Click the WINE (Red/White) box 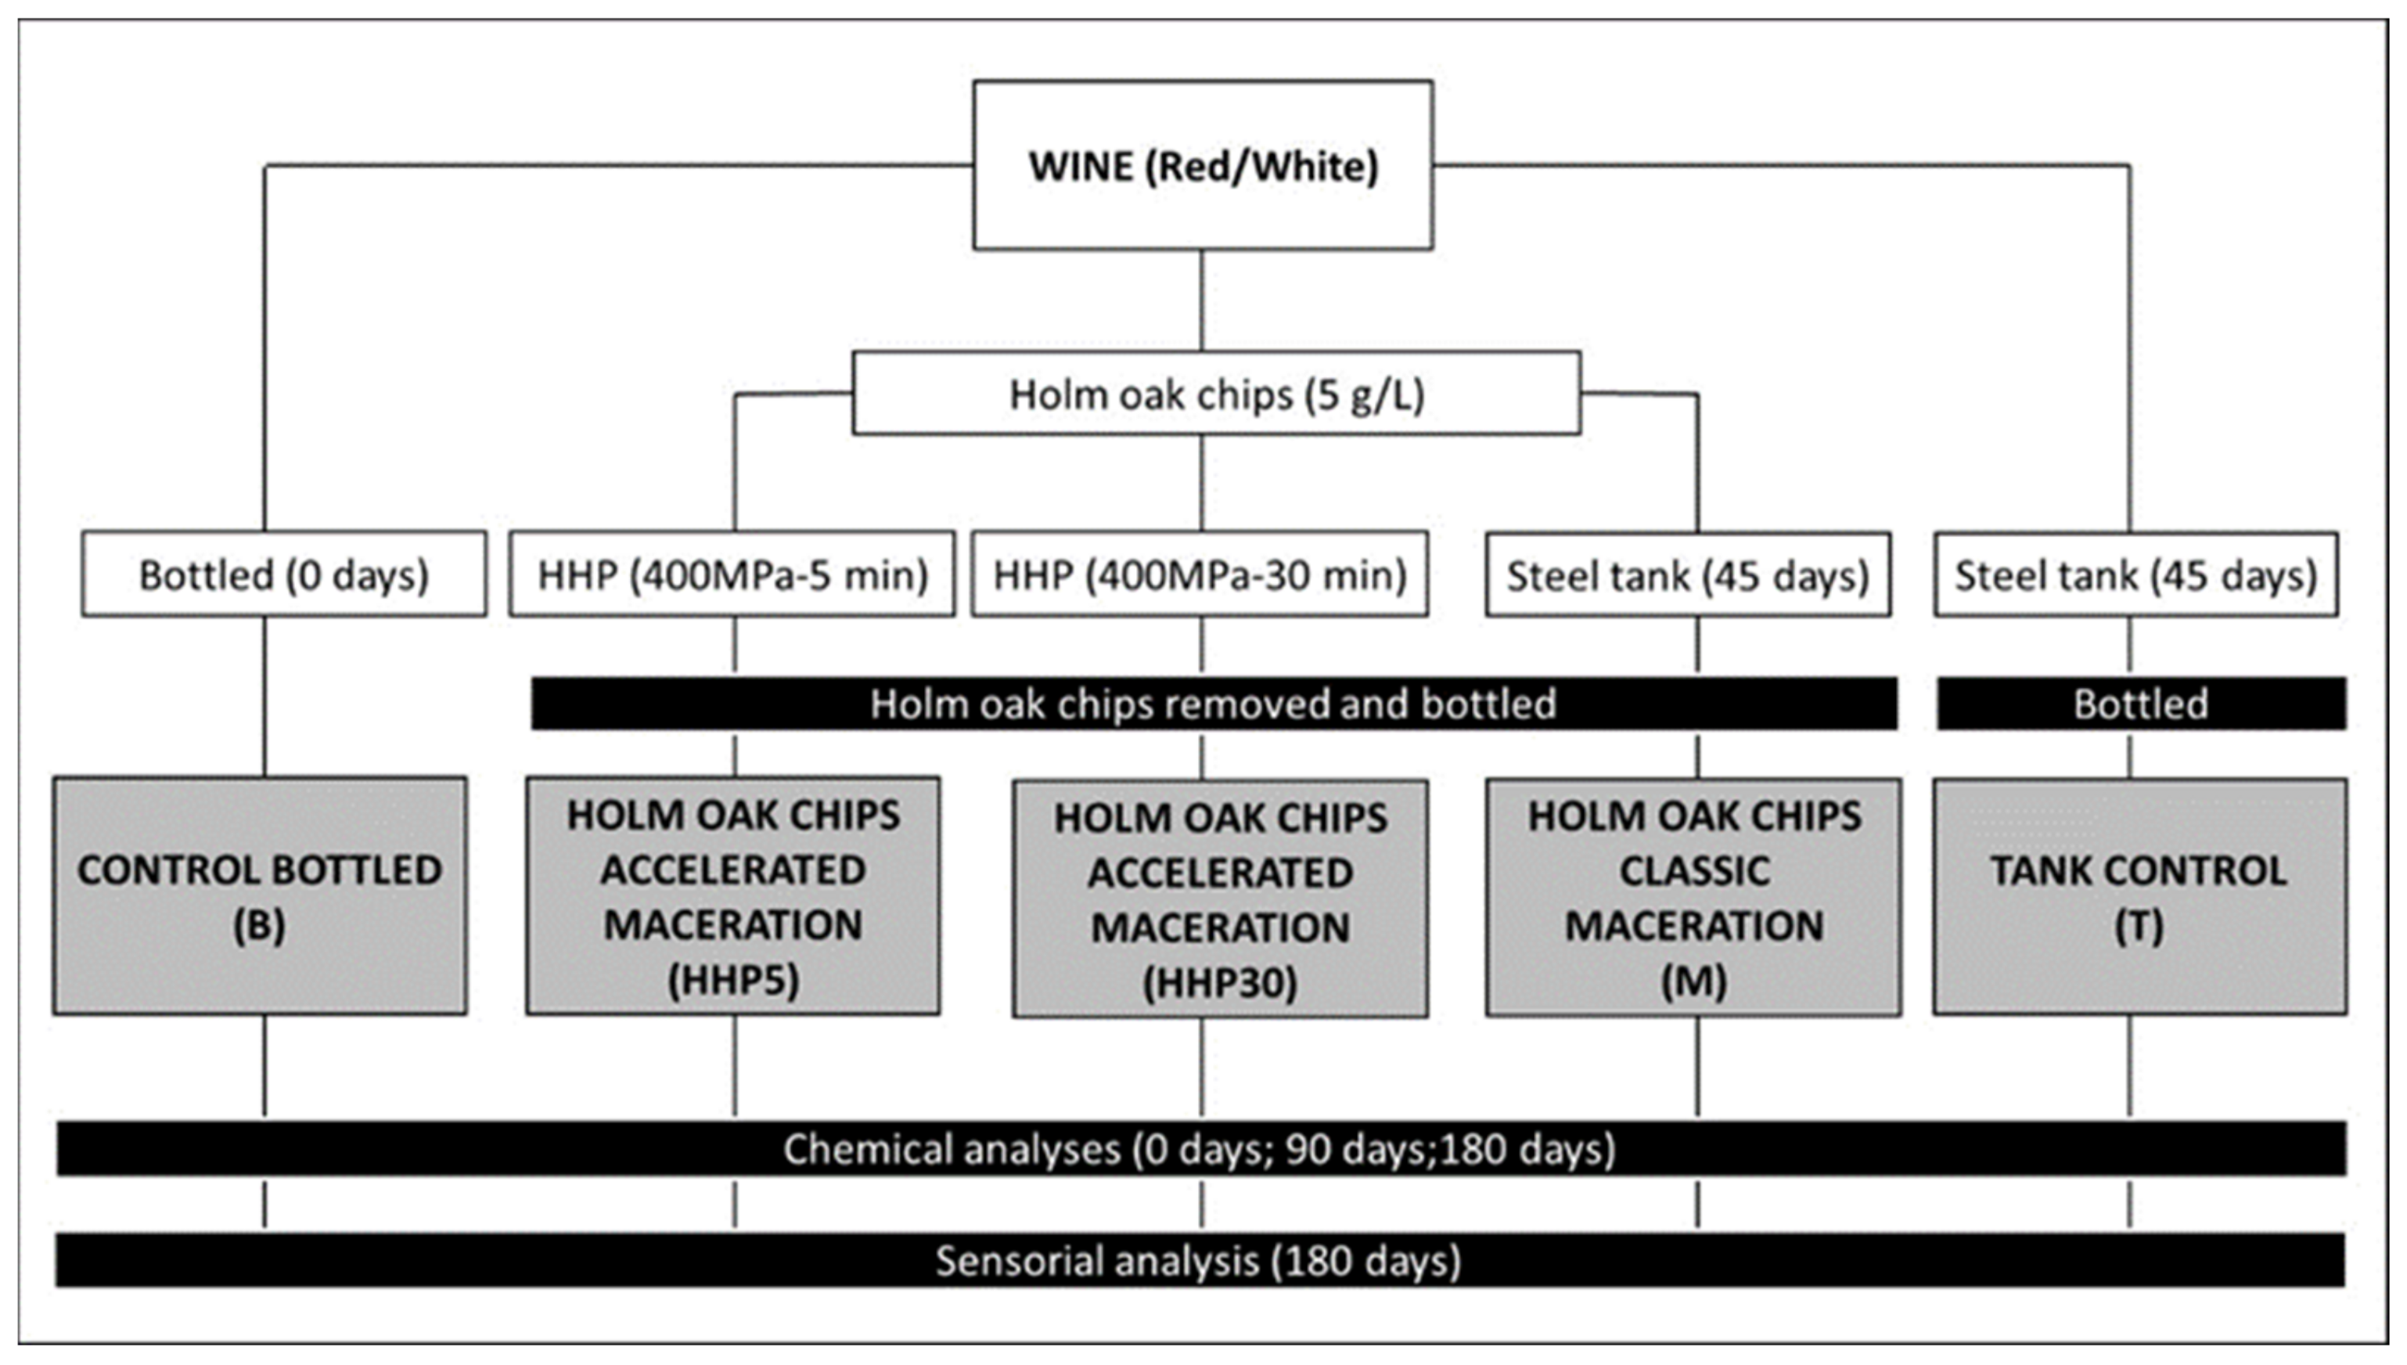1203,165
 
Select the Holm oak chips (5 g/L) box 1216,394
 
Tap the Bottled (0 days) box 283,574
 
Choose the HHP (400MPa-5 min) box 732,574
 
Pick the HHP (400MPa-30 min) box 1200,574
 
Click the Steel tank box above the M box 1687,574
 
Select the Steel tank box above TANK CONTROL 2135,574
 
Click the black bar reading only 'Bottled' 2141,703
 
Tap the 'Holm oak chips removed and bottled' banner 1213,703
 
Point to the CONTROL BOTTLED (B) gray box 260,895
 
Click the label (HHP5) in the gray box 733,981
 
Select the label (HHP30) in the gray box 1219,983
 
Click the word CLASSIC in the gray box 1695,871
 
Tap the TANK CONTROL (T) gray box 2139,896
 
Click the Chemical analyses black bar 1200,1148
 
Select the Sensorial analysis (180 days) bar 1198,1260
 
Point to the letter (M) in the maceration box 1693,981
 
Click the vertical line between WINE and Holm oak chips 1202,300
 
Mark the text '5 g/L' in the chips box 1364,394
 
